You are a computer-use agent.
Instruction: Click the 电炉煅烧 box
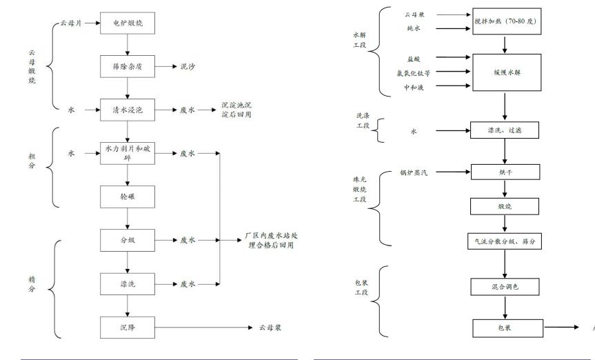coord(126,23)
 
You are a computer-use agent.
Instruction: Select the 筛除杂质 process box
coord(126,67)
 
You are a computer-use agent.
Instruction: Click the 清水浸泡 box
coord(126,110)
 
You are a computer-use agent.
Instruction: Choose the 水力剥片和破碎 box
coord(126,154)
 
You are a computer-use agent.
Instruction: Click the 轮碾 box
coord(126,197)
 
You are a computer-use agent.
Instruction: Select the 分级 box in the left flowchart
coord(126,240)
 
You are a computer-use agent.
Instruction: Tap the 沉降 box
coord(126,326)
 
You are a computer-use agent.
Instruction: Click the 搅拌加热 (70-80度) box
coord(505,21)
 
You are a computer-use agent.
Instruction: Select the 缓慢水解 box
coord(505,72)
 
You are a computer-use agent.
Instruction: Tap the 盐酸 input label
coord(414,59)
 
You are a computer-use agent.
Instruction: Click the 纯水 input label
coord(415,28)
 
